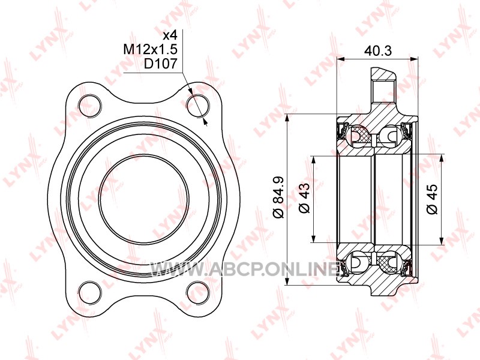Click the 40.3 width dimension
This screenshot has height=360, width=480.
click(378, 51)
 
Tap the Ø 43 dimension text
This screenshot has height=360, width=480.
click(304, 198)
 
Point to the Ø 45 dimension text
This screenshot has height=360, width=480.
click(432, 199)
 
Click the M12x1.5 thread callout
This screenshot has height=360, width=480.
click(151, 49)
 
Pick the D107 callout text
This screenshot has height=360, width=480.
click(161, 64)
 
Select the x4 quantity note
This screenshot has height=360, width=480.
click(170, 35)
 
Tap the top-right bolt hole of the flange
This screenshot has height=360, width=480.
click(198, 106)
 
